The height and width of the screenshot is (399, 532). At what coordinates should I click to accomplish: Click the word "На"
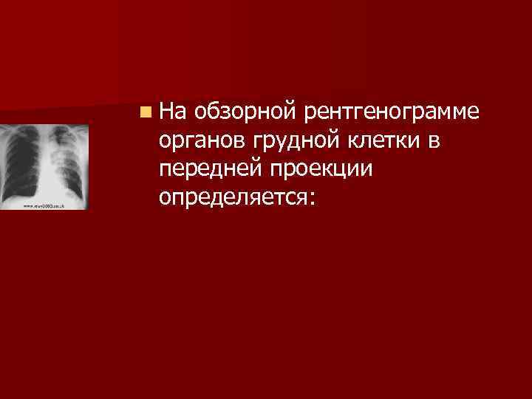pyautogui.click(x=171, y=112)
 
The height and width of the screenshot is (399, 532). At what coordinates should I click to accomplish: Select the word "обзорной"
pyautogui.click(x=243, y=112)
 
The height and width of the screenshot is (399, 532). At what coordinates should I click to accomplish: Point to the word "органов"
pyautogui.click(x=201, y=140)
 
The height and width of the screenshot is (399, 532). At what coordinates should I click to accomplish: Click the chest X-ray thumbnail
pyautogui.click(x=44, y=166)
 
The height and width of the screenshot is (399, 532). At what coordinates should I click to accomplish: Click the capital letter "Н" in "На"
pyautogui.click(x=166, y=112)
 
